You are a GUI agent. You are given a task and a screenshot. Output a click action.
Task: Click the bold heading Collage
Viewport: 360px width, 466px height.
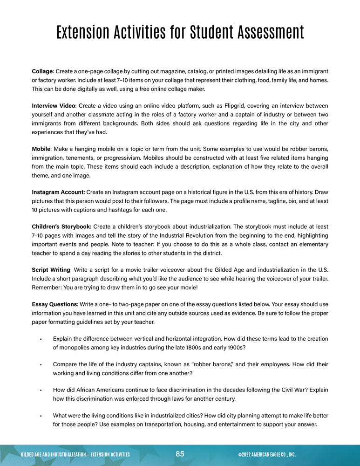42,71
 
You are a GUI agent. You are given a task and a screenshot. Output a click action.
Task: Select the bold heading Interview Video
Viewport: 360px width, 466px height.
54,106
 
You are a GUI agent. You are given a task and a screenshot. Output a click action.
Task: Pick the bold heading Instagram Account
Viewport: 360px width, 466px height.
57,192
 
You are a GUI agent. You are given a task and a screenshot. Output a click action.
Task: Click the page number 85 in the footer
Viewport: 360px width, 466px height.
180,454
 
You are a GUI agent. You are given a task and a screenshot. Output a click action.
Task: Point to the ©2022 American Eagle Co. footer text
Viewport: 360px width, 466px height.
266,454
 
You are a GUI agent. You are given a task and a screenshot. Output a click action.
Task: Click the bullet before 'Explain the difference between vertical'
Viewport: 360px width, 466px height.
41,339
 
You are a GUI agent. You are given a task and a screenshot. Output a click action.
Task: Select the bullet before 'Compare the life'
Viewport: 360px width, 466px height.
41,364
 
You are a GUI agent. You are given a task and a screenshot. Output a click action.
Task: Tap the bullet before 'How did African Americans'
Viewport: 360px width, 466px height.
41,390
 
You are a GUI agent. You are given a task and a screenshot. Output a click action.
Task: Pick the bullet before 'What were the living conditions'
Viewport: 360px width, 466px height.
41,416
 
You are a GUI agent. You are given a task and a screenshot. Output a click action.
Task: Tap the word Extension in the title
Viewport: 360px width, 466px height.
87,33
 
